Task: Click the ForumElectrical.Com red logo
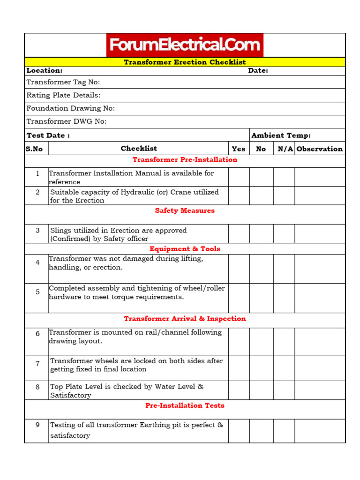(x=185, y=45)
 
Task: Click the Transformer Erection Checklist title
(x=185, y=62)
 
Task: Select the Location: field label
(x=45, y=70)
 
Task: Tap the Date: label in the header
(x=258, y=70)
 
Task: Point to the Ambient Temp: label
(x=281, y=135)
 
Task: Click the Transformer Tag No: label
(x=63, y=82)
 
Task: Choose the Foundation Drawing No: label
(x=71, y=108)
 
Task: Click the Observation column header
(x=320, y=149)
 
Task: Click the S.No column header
(x=34, y=149)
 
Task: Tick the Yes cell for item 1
(x=239, y=177)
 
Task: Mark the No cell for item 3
(x=261, y=233)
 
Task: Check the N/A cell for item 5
(x=284, y=298)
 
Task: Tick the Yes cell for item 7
(x=239, y=368)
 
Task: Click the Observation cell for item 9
(x=320, y=431)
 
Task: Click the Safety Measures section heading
(x=185, y=210)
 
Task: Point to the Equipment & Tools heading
(x=185, y=249)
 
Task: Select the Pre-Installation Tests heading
(x=185, y=405)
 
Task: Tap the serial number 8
(x=37, y=387)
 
